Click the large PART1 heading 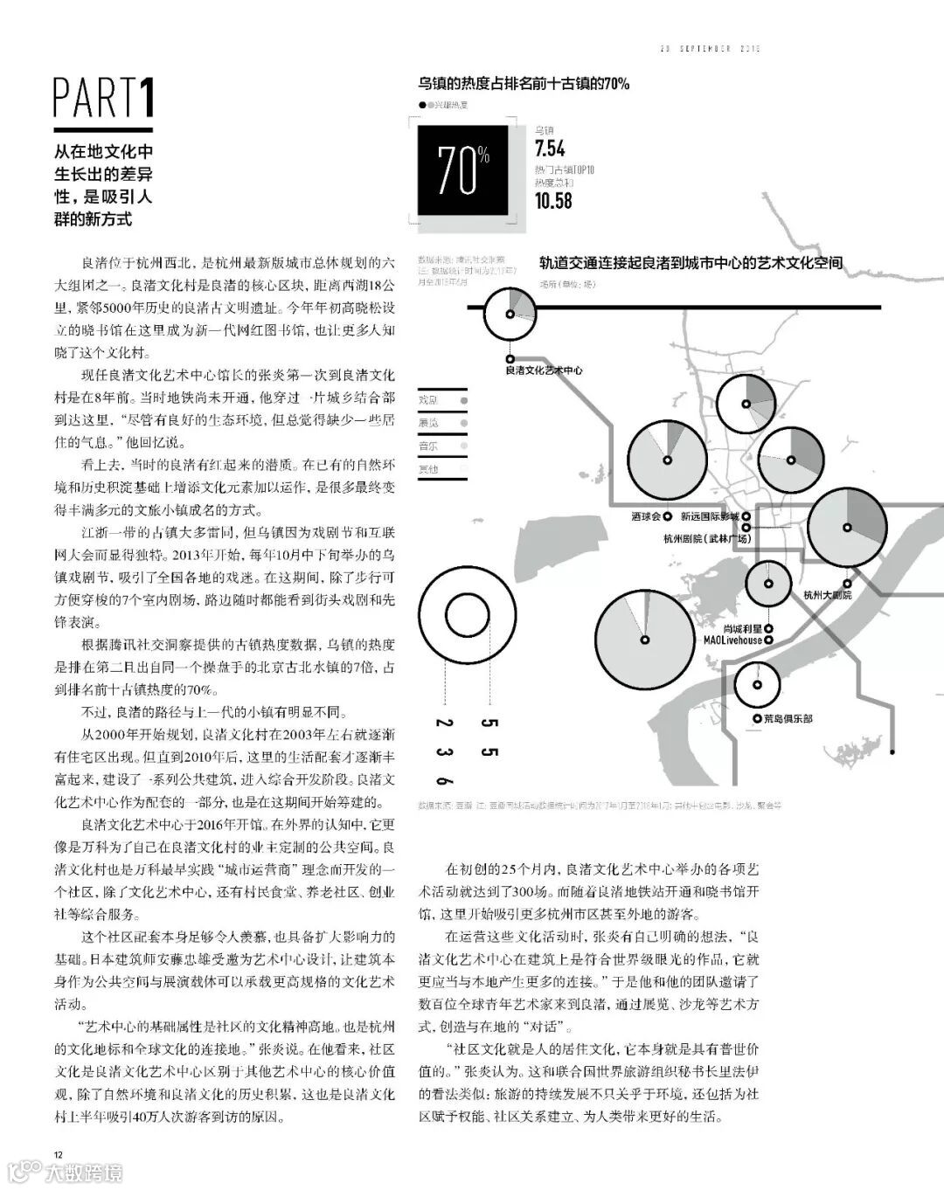click(x=104, y=98)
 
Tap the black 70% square click(x=462, y=170)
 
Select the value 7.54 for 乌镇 click(x=550, y=149)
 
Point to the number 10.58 click(x=553, y=200)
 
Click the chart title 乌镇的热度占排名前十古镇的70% click(x=524, y=84)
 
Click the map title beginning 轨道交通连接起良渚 click(x=691, y=262)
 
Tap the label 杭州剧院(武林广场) click(x=707, y=539)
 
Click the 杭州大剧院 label click(x=827, y=595)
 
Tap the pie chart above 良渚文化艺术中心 click(x=510, y=315)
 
